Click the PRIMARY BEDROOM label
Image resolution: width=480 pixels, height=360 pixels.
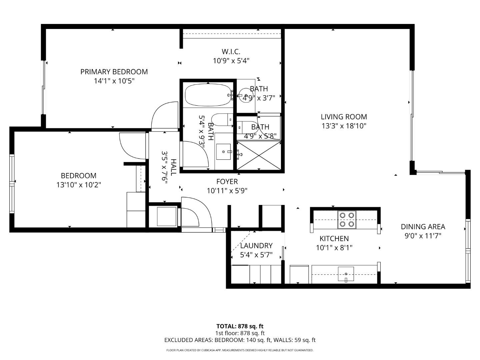tap(114, 72)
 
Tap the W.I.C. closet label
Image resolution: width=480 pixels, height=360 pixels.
tap(231, 52)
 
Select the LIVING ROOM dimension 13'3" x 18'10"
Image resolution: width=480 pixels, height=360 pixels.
tap(344, 126)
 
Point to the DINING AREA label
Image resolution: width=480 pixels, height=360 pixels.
tap(423, 227)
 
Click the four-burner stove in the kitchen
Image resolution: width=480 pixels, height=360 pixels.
tap(347, 220)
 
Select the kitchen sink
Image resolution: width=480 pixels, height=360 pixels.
tap(346, 274)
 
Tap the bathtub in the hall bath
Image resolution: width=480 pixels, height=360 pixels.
tap(208, 95)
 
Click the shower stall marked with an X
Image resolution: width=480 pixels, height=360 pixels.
tap(259, 155)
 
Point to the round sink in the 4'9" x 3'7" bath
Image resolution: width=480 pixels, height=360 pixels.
tap(246, 95)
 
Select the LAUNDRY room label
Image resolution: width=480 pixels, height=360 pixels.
tap(256, 246)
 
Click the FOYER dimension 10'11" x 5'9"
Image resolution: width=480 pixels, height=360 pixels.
tap(227, 191)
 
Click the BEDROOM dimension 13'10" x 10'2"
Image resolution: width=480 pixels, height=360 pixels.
tap(79, 185)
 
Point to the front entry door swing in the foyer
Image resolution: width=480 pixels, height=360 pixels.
tap(197, 213)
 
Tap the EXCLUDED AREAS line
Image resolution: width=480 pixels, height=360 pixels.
tap(240, 340)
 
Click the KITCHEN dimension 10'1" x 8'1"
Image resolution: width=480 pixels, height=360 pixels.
tap(334, 248)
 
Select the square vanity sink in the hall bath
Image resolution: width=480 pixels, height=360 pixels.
tap(223, 152)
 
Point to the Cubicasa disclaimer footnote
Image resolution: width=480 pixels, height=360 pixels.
tap(240, 350)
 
